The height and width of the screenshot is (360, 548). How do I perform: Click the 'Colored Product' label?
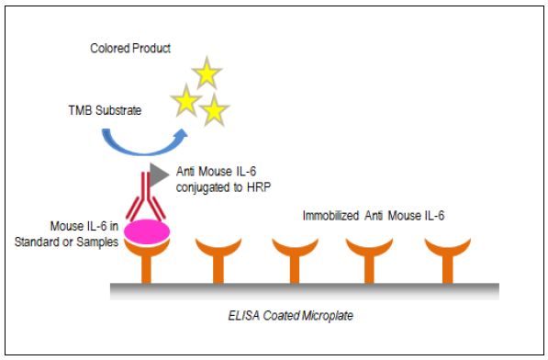130,49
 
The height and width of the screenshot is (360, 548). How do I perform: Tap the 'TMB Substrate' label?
105,110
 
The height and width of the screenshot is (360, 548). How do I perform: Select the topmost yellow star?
207,73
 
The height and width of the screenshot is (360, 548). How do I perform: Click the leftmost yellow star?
186,101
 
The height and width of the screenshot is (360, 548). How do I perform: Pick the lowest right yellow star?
214,110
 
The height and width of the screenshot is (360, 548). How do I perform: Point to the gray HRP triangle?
159,174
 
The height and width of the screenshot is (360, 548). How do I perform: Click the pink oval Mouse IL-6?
147,231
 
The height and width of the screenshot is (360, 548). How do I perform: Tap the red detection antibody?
146,197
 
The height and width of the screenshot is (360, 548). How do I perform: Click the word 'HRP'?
259,187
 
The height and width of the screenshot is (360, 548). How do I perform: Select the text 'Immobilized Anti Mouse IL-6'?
374,216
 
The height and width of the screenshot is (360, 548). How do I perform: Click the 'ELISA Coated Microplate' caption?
290,316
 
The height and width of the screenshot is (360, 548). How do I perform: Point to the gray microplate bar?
305,291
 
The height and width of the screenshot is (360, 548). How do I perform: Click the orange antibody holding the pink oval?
147,261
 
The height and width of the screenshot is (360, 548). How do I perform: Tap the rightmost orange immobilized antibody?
448,261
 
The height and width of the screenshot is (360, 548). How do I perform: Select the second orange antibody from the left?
218,261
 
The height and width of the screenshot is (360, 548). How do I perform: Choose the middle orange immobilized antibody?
295,261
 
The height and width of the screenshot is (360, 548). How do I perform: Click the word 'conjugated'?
204,187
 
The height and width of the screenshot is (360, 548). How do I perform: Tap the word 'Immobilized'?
330,216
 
